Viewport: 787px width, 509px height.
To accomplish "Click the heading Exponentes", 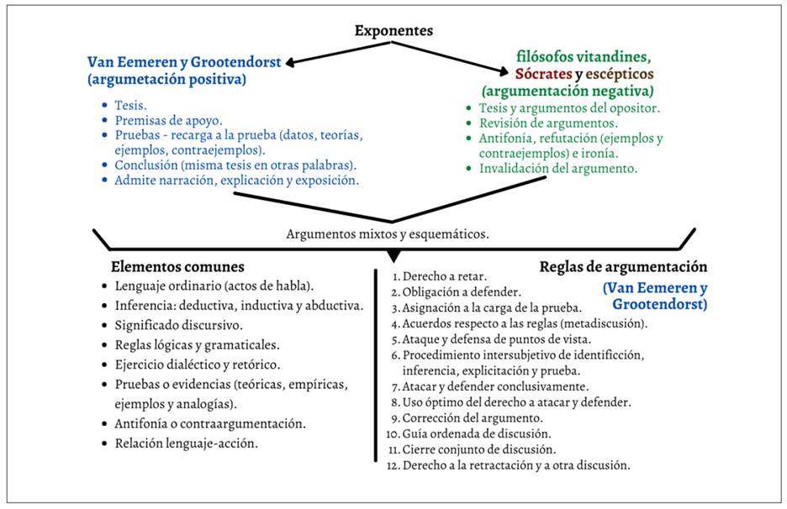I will coord(393,31).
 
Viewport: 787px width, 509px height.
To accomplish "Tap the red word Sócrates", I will coord(544,74).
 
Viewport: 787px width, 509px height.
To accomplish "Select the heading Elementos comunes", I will coord(177,267).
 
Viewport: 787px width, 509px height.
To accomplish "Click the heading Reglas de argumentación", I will coord(623,266).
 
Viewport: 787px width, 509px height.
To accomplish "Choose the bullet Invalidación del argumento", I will coord(558,168).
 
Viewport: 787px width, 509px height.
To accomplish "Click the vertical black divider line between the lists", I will coord(375,361).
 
